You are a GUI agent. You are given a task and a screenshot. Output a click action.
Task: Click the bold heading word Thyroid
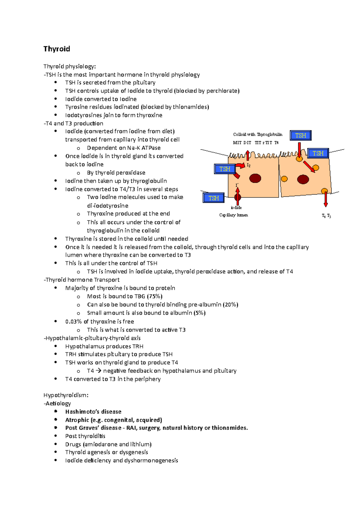pyautogui.click(x=57, y=49)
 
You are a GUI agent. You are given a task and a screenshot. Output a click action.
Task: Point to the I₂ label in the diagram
pyautogui.click(x=248, y=165)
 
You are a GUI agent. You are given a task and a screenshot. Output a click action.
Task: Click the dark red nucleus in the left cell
pyautogui.click(x=255, y=178)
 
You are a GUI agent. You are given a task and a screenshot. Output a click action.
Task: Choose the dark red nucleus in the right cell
pyautogui.click(x=303, y=180)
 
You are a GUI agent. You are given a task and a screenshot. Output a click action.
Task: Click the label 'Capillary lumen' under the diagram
pyautogui.click(x=233, y=215)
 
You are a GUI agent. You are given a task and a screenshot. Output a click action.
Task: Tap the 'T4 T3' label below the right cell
pyautogui.click(x=326, y=216)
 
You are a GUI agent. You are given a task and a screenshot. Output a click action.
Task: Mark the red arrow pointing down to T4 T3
pyautogui.click(x=325, y=199)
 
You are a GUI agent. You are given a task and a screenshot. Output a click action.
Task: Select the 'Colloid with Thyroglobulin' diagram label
pyautogui.click(x=258, y=135)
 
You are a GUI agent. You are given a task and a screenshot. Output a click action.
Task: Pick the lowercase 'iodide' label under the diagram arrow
pyautogui.click(x=236, y=207)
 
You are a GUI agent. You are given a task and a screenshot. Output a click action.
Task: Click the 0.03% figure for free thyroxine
pyautogui.click(x=73, y=322)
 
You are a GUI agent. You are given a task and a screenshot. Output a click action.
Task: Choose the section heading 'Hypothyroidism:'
pyautogui.click(x=66, y=395)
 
